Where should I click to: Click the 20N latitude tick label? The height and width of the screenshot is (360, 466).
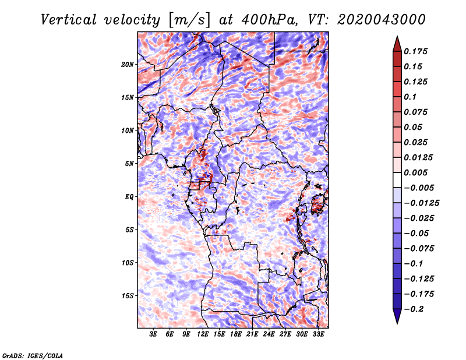(x=128, y=64)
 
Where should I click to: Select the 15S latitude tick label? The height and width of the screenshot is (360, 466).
(x=128, y=295)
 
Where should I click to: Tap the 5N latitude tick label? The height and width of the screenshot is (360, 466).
(x=129, y=163)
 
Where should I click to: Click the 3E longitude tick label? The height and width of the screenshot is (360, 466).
(x=154, y=334)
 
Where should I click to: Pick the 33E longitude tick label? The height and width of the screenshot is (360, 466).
(x=318, y=334)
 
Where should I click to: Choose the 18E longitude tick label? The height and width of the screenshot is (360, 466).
(x=236, y=334)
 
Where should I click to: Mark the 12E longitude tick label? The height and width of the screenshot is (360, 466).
(x=203, y=334)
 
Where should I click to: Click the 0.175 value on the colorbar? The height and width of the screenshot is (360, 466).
(x=416, y=51)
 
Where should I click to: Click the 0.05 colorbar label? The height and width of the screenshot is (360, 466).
(x=414, y=127)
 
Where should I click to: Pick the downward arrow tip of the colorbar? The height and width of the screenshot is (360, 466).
(x=397, y=322)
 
